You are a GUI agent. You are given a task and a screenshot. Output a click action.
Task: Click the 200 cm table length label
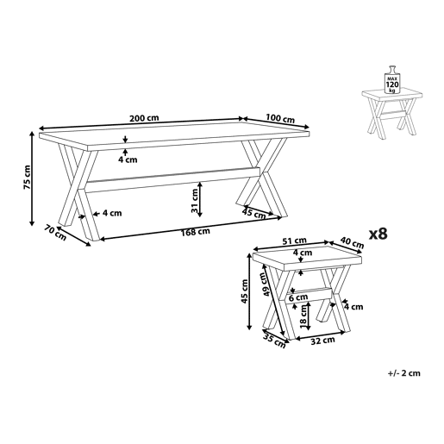pos(144,118)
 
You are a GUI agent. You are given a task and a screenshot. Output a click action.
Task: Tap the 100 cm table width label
pos(280,118)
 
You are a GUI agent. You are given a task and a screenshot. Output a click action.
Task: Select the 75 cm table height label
pos(27,177)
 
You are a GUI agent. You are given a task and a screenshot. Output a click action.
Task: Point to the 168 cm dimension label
pos(196,232)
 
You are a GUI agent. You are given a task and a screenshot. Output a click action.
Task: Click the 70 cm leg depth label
pos(55,233)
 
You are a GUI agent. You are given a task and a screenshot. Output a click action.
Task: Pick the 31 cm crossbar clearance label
pos(195,201)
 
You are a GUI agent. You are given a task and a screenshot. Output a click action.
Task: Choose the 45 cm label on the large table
pos(254,214)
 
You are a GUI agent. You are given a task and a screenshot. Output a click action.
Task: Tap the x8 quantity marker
pos(378,234)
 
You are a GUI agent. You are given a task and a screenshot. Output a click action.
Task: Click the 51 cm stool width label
pos(294,241)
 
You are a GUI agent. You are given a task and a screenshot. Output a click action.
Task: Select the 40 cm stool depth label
pos(352,242)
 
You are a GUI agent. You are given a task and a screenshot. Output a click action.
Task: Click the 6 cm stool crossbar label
pos(298,297)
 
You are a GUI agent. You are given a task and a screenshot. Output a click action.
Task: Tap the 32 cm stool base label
pos(322,341)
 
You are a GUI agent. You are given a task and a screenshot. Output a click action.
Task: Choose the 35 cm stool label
pos(274,341)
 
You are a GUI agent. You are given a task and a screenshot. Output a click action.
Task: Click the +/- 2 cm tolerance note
pos(403,373)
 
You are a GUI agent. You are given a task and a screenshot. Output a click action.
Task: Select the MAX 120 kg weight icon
pos(391,80)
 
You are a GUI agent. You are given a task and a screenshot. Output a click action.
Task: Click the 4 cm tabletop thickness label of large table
pos(128,159)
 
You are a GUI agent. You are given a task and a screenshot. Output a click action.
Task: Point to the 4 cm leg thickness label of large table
pos(112,213)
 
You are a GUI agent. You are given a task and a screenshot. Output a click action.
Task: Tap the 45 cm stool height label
pos(245,291)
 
